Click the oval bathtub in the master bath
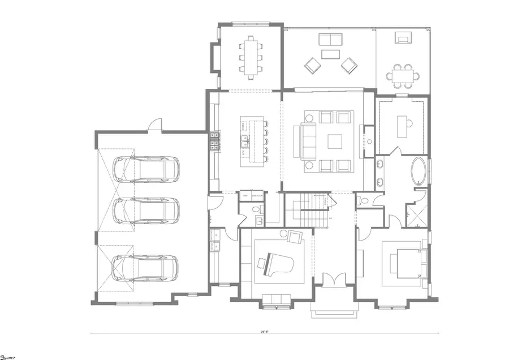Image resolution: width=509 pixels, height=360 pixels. coord(419,172)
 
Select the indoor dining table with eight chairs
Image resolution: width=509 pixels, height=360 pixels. coord(251,55)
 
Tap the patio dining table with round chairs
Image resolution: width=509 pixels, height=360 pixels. coord(404,75)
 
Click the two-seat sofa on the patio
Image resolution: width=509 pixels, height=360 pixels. coord(330,39)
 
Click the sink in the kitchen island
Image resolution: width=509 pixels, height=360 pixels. coord(244,140)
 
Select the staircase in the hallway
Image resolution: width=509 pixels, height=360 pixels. coord(311,209)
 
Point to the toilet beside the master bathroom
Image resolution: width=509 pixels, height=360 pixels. coord(363,201)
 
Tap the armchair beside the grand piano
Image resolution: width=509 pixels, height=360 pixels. coord(294,237)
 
